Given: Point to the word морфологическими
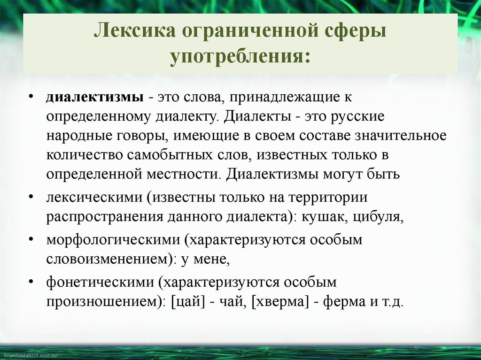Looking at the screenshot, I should tap(113, 240).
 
